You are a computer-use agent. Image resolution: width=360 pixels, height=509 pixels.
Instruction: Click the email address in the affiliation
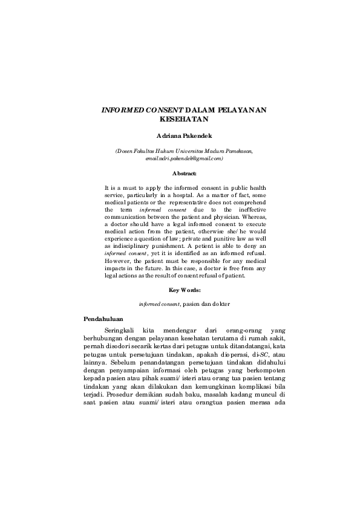(x=184, y=158)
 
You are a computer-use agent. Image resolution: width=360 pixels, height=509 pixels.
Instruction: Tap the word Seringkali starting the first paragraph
(x=119, y=331)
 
